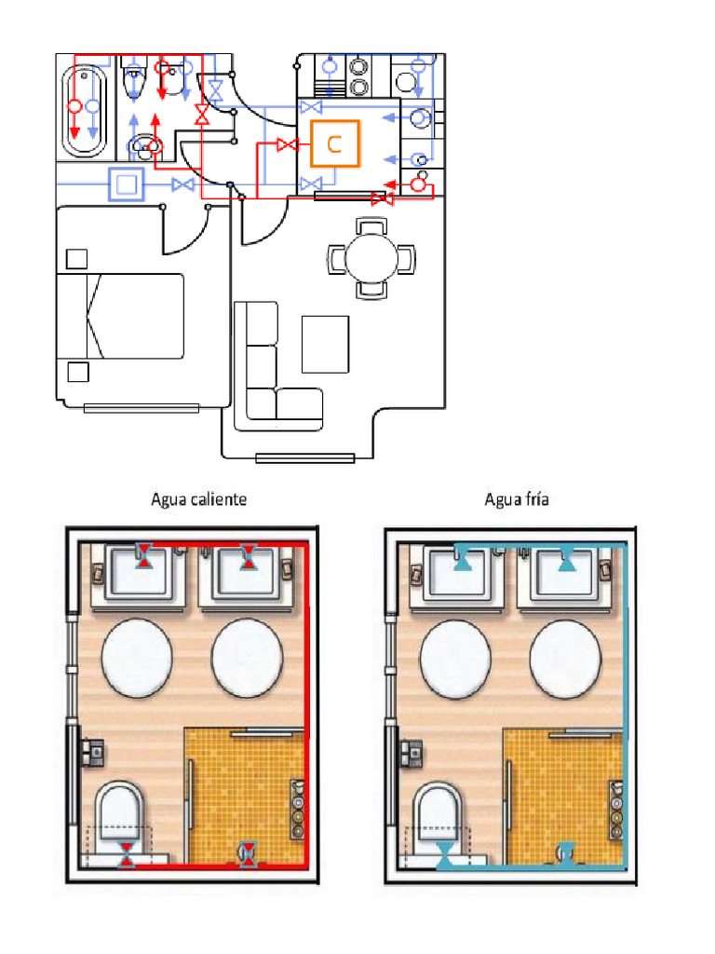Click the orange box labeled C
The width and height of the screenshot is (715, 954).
335,143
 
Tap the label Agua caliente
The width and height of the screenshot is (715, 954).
199,499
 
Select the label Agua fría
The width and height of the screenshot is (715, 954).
517,499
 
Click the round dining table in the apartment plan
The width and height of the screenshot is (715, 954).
371,258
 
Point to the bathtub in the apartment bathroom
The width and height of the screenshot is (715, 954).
84,111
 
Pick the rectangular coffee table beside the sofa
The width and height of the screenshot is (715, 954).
325,344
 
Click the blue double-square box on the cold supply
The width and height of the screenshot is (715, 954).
127,184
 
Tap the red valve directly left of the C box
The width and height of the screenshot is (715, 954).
287,144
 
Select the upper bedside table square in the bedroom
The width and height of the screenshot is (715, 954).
76,259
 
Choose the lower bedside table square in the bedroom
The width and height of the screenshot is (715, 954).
78,372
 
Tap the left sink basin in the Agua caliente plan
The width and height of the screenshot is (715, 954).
137,571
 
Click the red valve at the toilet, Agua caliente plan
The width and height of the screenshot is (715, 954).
127,854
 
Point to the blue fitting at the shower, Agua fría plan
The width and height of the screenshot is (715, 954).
565,853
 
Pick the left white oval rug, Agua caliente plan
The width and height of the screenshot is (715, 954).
137,658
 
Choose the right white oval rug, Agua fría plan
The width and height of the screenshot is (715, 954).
565,658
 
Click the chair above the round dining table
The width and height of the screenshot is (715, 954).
371,225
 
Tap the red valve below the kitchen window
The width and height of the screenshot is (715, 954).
382,199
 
